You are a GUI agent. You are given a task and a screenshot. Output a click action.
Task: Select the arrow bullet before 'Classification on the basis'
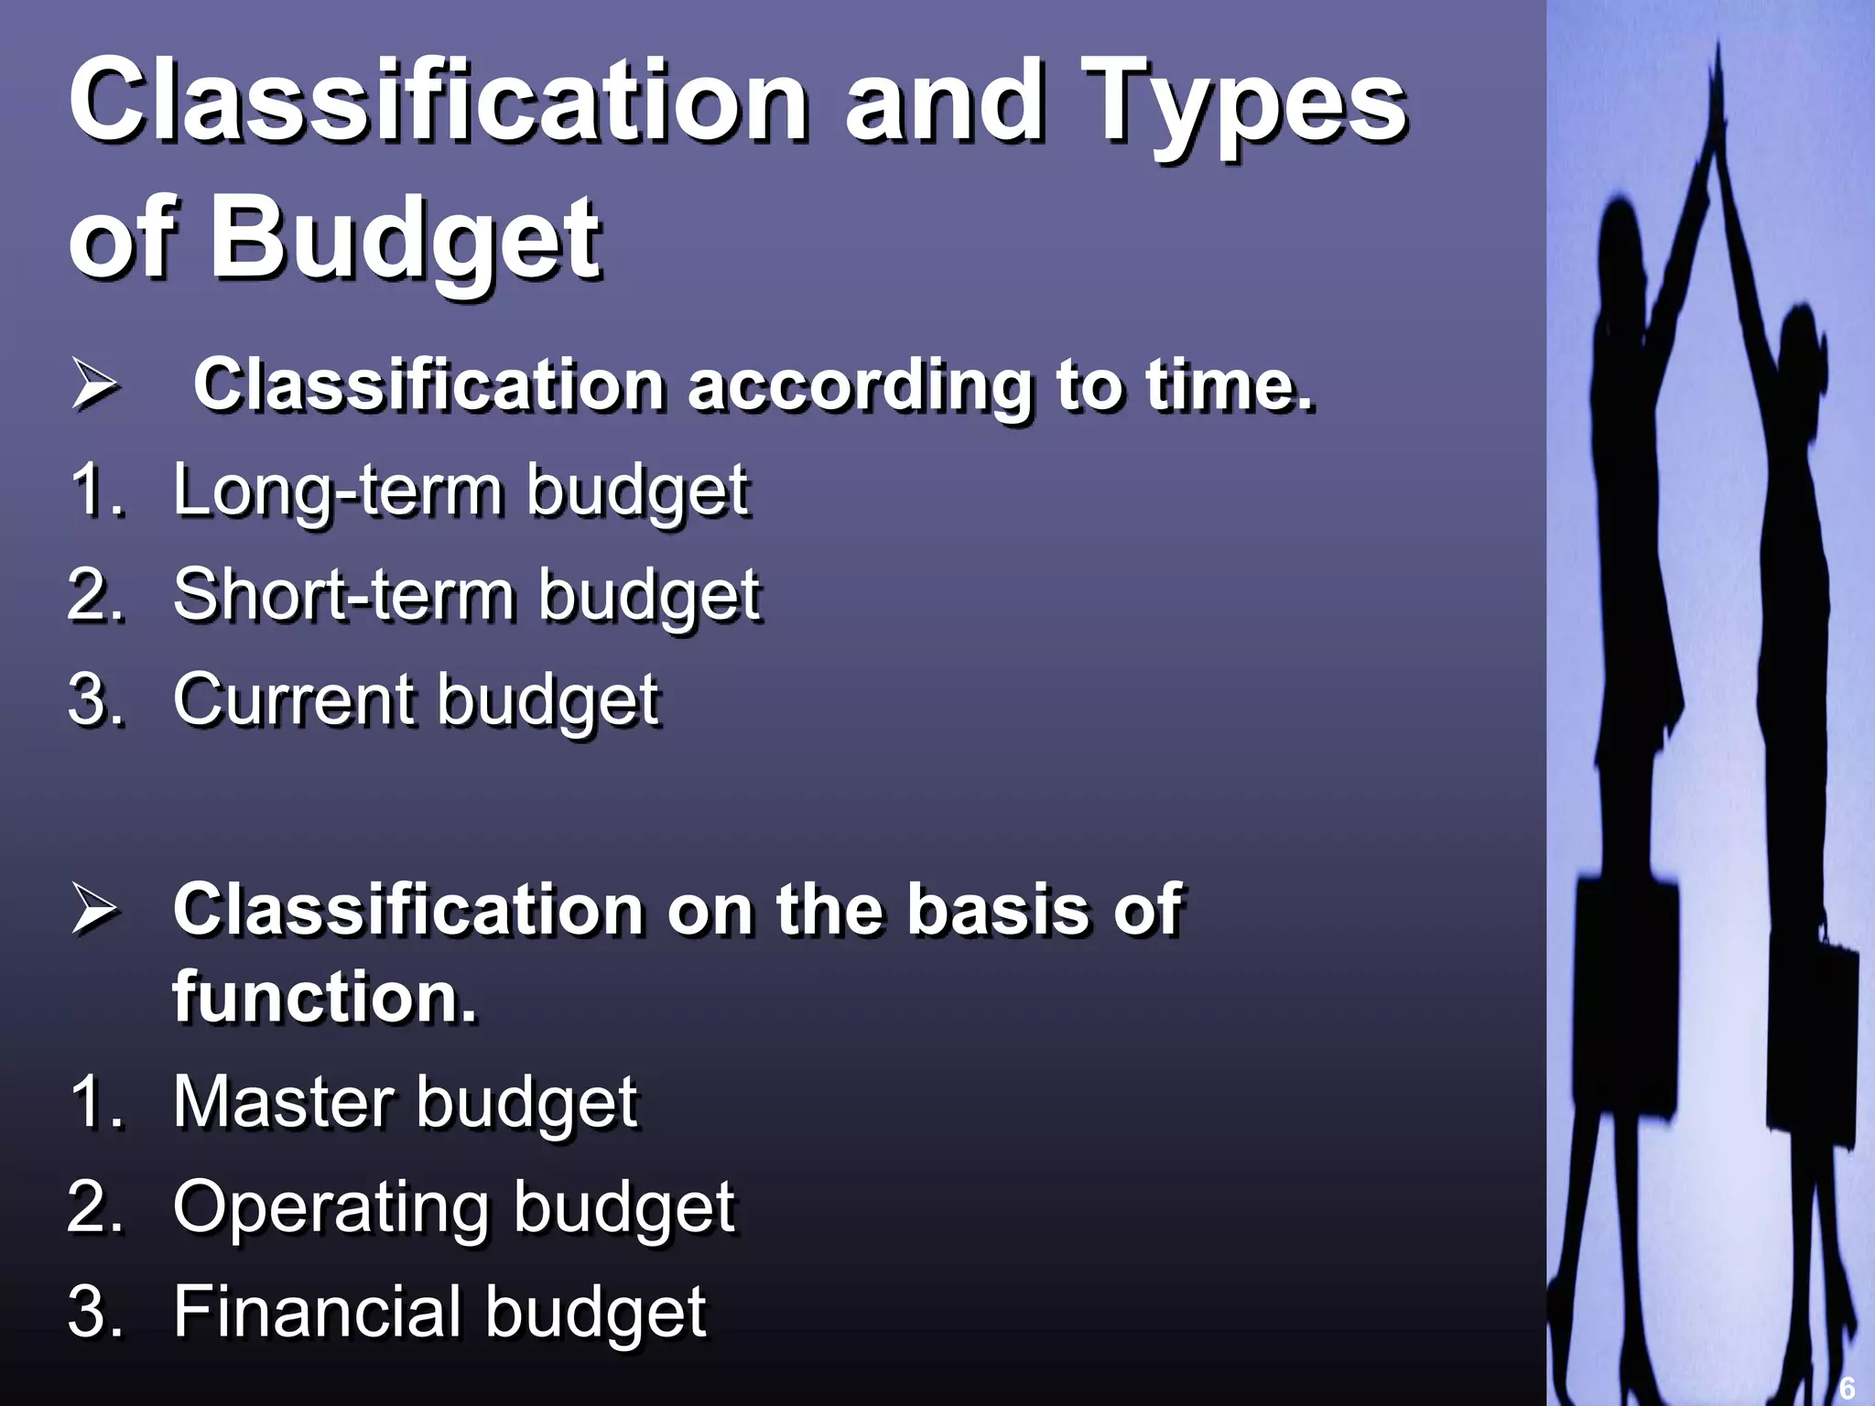pyautogui.click(x=94, y=911)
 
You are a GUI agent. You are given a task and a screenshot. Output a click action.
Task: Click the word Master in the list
pyautogui.click(x=285, y=1101)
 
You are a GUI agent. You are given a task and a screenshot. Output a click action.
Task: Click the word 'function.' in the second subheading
pyautogui.click(x=325, y=996)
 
